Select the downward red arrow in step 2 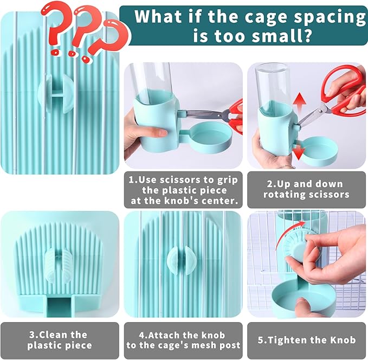tap(299, 151)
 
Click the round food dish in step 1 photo tap(212, 137)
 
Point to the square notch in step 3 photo tap(60, 307)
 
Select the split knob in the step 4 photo tap(179, 260)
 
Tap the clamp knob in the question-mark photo tap(56, 94)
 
